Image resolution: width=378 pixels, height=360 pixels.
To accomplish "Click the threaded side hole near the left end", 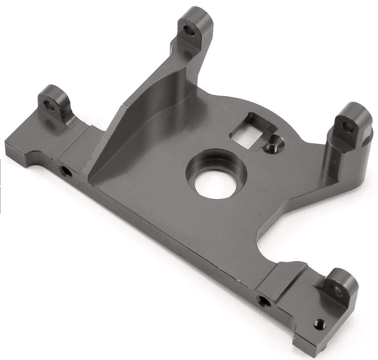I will point(65,171).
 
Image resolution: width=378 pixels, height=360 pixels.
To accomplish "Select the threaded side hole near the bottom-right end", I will point(264,301).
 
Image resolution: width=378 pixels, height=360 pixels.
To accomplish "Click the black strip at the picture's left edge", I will point(1,184).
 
